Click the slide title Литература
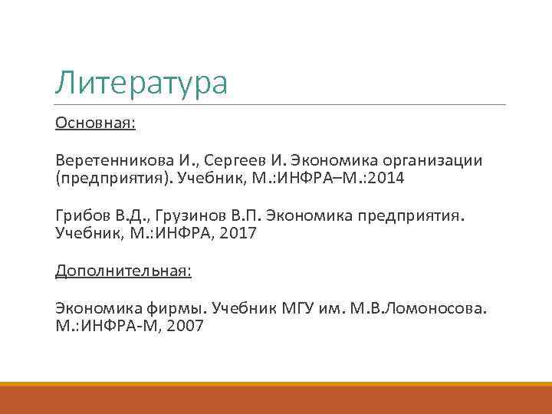point(141,83)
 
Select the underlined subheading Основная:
point(95,123)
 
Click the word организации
point(428,160)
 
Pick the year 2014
point(389,179)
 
